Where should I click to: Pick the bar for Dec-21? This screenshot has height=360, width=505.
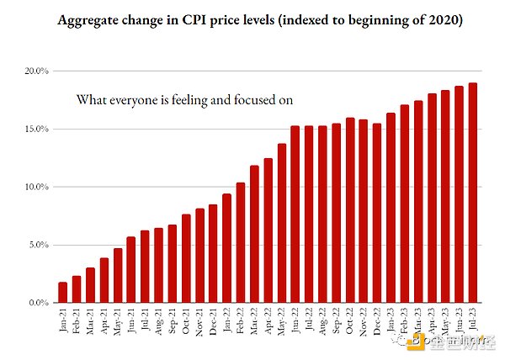[213, 253]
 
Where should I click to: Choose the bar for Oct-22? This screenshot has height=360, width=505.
[350, 210]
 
